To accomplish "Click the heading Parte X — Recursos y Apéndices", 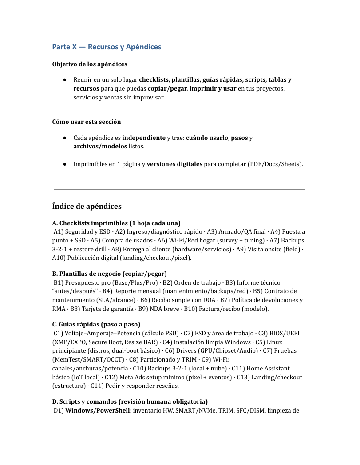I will coord(107,47).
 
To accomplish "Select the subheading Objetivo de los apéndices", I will coord(90,64).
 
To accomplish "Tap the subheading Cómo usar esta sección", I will coord(87,122).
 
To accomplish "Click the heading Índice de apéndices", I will coord(87,206).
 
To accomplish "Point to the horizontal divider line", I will coord(179,190).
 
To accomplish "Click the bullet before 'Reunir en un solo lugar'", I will coord(65,80).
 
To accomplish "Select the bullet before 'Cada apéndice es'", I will coord(65,138).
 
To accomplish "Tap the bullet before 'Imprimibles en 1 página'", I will coord(65,164).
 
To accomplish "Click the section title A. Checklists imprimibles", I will coord(116,223).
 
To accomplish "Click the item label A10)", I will coord(60,258).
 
